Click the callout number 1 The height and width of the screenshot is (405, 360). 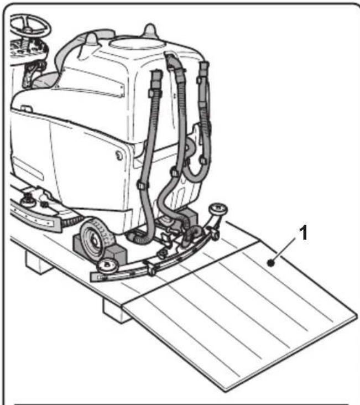pos(302,235)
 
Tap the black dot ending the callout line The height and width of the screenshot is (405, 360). pos(270,263)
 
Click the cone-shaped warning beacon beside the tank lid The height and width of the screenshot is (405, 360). pos(149,30)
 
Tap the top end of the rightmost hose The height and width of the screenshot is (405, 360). pos(204,69)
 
